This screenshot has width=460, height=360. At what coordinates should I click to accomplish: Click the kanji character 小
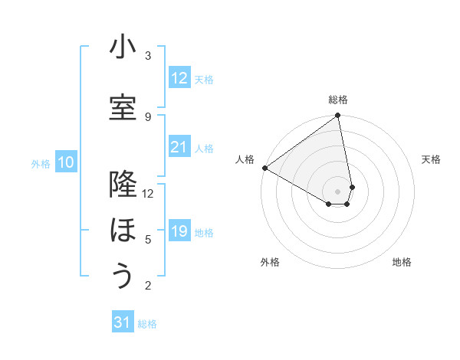point(123,47)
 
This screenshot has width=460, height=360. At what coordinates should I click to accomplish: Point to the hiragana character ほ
point(123,230)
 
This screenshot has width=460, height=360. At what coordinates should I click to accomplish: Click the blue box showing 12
point(179,77)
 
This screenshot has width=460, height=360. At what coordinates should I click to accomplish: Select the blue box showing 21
point(179,146)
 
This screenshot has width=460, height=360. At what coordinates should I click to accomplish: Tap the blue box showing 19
point(179,231)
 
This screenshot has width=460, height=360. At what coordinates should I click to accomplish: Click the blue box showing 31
point(123,322)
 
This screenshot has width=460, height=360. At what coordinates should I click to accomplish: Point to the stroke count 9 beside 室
point(148,116)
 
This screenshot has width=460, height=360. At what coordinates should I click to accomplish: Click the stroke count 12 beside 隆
point(148,193)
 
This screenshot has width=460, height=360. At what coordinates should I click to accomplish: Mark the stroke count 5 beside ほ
point(148,239)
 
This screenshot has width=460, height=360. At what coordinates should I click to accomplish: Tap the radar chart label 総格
point(338,100)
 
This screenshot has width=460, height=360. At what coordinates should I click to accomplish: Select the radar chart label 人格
point(245,159)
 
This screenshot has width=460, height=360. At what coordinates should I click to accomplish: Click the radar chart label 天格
point(431,159)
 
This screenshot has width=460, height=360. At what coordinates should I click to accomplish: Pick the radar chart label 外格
point(270,262)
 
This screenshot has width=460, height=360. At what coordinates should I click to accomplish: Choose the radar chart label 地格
point(402,262)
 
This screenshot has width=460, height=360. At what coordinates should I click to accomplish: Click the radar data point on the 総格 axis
point(338,116)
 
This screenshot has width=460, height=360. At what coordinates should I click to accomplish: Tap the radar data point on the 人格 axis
point(264,168)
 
